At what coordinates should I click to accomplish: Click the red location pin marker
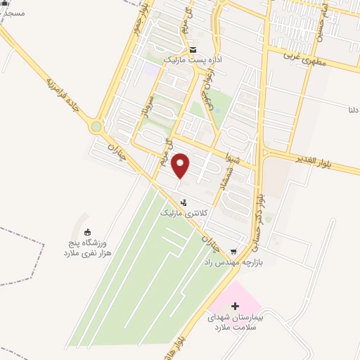pos(181,165)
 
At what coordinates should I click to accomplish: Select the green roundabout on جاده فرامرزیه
pos(96,127)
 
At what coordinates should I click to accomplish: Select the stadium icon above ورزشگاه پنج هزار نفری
pos(86,232)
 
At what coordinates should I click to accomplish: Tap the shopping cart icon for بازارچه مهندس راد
pos(233,251)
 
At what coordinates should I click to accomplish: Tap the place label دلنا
pos(353,110)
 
